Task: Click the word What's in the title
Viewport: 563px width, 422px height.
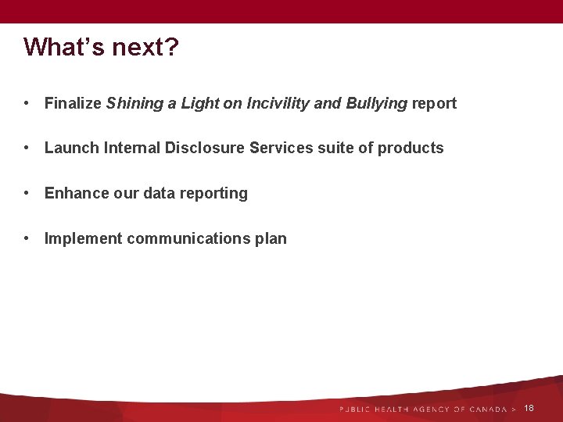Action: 63,47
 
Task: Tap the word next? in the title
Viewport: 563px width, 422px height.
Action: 145,47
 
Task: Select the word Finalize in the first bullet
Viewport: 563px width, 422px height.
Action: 73,103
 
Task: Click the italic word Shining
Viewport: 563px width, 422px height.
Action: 134,103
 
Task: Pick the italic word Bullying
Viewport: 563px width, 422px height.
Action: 377,103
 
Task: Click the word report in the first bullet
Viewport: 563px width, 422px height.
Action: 434,103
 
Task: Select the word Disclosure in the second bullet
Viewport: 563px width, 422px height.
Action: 206,148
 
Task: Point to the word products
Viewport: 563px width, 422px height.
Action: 411,148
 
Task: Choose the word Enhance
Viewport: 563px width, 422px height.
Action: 77,194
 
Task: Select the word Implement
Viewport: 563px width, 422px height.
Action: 83,239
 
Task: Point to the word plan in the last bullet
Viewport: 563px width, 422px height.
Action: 271,239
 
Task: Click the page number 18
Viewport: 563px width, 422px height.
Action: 529,409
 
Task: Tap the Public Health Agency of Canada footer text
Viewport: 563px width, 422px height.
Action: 423,409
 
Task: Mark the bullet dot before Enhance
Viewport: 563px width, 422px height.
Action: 27,194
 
